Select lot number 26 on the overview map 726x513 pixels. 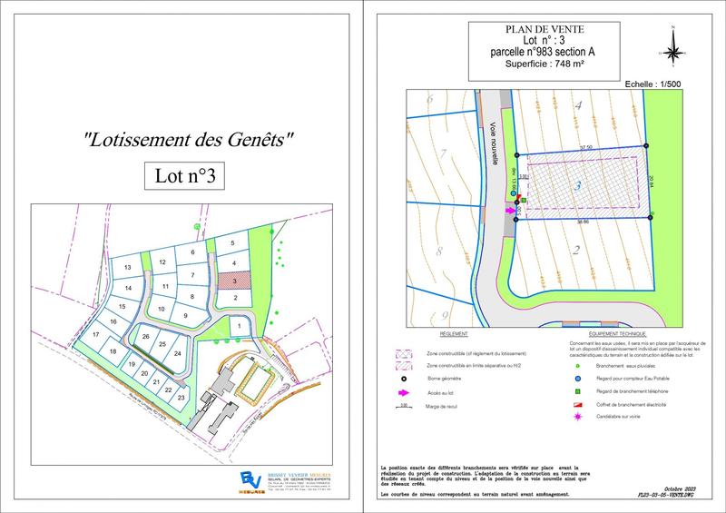click(146, 337)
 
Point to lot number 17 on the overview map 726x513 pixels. click(95, 335)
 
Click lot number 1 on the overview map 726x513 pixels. click(238, 326)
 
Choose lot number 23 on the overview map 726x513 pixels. click(181, 398)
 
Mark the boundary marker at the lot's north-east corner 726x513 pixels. click(646, 145)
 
